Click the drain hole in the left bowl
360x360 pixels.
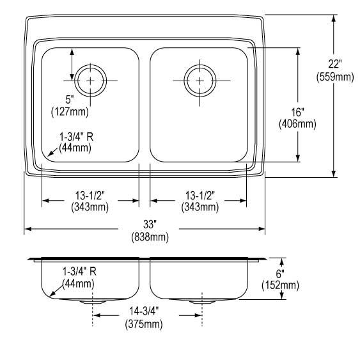[x=91, y=81]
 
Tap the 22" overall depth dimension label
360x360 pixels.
[x=334, y=64]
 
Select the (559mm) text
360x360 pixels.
[x=334, y=77]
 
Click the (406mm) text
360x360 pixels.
[x=297, y=124]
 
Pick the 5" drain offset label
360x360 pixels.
[x=69, y=99]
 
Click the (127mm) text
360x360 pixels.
[x=69, y=111]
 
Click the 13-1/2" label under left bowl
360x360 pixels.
[x=90, y=195]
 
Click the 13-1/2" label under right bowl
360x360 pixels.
[x=199, y=195]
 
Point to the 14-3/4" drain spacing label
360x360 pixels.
[x=143, y=312]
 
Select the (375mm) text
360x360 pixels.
[x=143, y=324]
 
